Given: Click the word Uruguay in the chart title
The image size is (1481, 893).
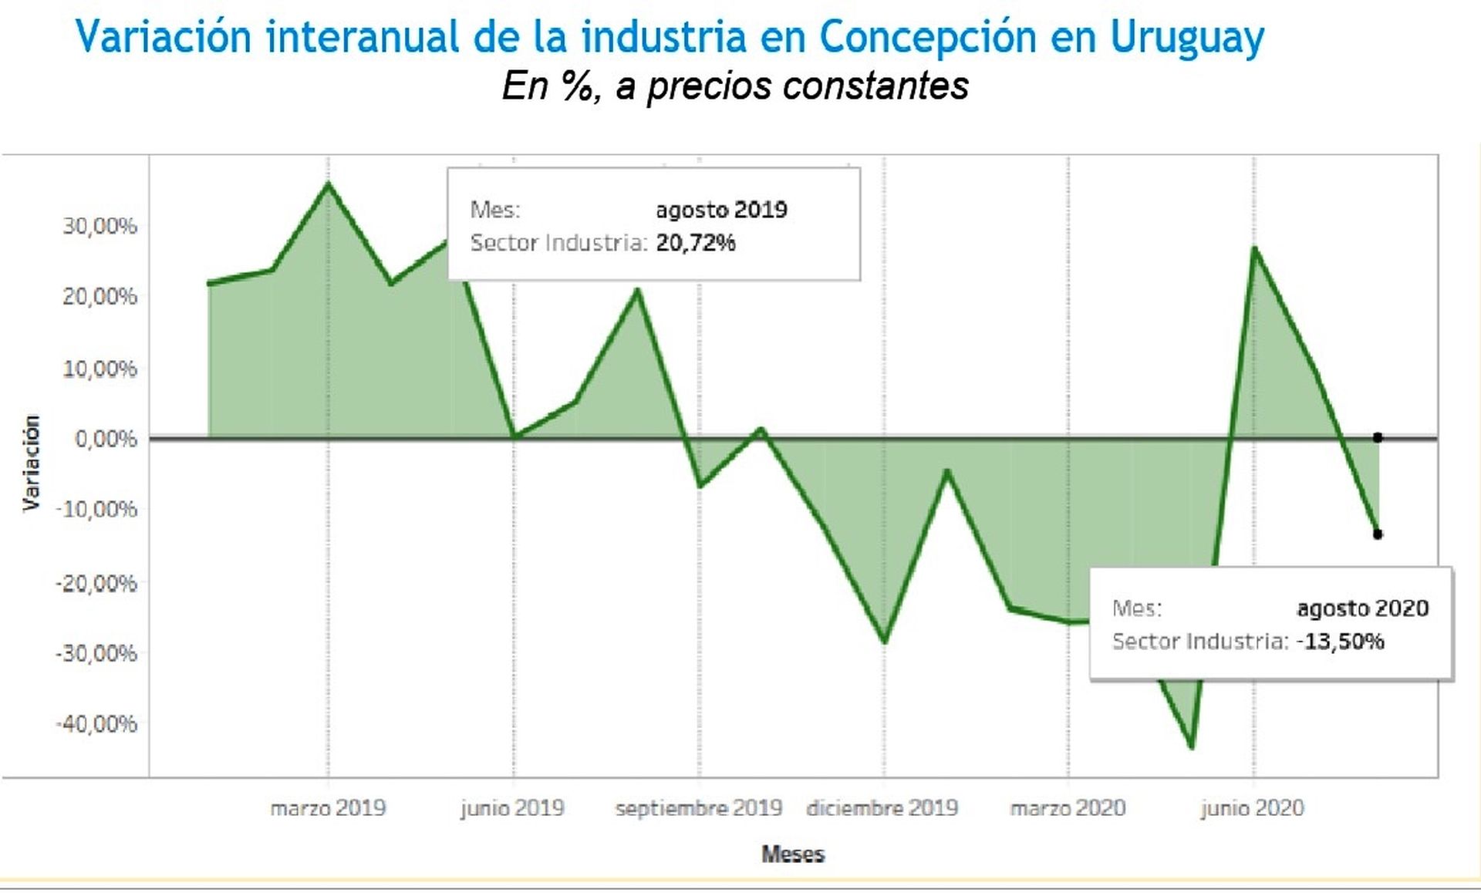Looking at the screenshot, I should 1187,37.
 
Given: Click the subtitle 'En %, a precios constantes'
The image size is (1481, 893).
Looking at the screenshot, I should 735,86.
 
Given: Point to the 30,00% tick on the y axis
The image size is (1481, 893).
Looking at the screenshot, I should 100,226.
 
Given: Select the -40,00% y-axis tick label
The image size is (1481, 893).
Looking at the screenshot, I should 96,723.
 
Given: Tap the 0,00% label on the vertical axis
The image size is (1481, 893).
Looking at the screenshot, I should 106,439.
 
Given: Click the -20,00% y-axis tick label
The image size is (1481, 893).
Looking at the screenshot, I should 96,582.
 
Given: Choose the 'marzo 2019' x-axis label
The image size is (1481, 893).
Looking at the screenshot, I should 328,808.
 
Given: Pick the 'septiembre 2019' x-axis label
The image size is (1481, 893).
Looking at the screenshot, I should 699,808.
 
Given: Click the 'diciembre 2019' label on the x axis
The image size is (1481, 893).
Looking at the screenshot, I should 882,808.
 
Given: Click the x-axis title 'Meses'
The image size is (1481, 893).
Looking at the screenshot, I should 793,854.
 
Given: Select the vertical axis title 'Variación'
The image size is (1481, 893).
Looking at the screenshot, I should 31,463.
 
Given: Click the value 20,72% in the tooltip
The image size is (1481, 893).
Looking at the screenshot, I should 696,243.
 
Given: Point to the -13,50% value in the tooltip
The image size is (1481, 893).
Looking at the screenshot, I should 1341,642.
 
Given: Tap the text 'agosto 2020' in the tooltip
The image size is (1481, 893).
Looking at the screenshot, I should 1363,608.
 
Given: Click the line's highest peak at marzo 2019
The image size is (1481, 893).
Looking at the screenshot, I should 329,184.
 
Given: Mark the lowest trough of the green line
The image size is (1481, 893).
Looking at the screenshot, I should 1193,747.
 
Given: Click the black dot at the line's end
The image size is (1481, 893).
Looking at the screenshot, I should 1378,534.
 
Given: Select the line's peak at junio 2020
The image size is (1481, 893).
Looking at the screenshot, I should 1254,248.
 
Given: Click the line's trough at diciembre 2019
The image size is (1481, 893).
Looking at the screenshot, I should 885,642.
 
